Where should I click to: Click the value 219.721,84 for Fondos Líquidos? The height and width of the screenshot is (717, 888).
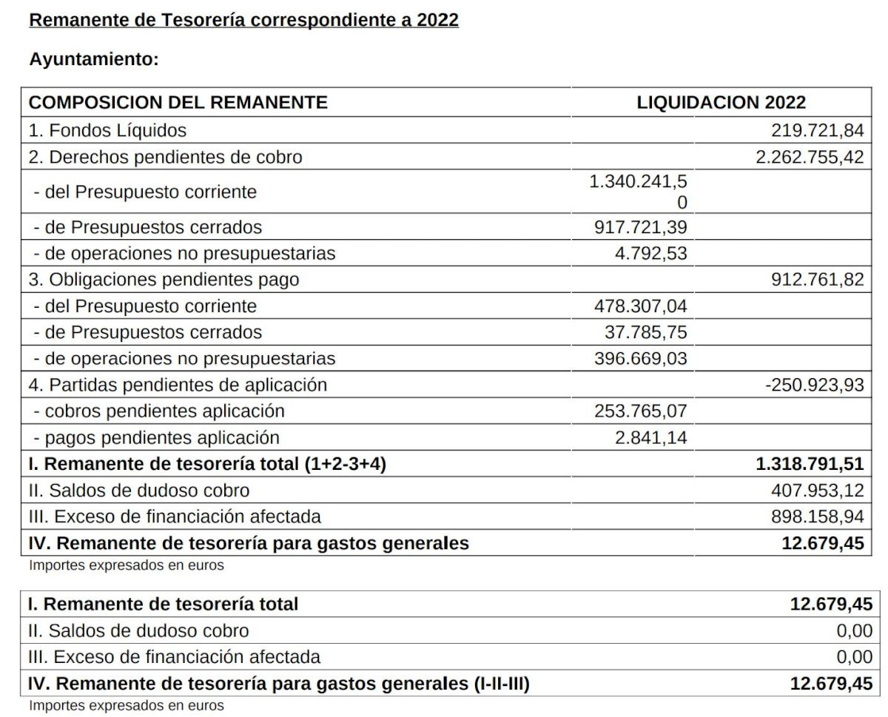(x=817, y=131)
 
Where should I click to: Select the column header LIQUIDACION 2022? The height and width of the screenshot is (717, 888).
(x=721, y=102)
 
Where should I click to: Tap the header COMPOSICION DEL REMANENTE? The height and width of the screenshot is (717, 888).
(x=178, y=102)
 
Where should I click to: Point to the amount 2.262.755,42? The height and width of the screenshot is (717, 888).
(x=810, y=157)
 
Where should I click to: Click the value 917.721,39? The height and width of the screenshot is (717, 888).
(x=640, y=227)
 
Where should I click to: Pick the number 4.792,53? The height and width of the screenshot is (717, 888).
(x=650, y=254)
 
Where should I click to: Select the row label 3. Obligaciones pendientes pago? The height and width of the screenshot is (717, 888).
(x=164, y=280)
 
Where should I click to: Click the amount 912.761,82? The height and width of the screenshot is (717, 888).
(x=817, y=280)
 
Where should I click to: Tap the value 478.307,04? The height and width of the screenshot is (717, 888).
(x=640, y=306)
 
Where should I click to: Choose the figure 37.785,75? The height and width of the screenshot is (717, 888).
(x=645, y=333)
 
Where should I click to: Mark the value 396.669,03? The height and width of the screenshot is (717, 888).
(x=640, y=359)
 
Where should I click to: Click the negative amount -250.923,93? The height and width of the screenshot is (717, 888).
(x=814, y=385)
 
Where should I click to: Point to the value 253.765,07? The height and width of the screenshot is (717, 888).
(x=640, y=411)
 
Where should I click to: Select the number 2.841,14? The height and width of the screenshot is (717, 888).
(x=650, y=438)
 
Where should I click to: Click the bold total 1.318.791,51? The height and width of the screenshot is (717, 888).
(x=810, y=465)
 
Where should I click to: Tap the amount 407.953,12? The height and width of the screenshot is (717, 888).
(x=817, y=491)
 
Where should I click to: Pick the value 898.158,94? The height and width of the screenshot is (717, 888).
(x=817, y=516)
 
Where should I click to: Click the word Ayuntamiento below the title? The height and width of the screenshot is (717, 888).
(x=94, y=60)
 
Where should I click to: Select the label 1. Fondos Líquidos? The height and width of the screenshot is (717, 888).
(x=107, y=131)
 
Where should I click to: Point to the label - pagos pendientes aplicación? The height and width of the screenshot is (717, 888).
(x=156, y=438)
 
